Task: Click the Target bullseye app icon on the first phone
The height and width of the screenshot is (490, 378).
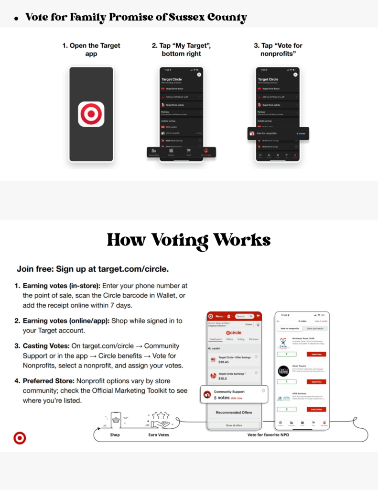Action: (x=91, y=114)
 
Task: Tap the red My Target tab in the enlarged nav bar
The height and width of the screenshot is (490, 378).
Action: (x=205, y=152)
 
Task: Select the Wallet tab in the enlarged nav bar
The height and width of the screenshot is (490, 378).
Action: (x=171, y=152)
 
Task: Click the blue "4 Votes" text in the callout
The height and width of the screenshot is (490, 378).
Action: (x=301, y=134)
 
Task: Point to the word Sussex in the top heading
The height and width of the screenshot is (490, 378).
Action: (x=186, y=18)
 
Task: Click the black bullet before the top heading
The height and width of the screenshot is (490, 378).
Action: (x=16, y=19)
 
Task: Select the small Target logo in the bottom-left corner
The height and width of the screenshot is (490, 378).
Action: (x=20, y=437)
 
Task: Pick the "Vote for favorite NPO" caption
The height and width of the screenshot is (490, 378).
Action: (x=268, y=435)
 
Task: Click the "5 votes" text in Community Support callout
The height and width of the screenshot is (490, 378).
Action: (x=221, y=398)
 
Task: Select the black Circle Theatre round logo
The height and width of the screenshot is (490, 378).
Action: (x=283, y=371)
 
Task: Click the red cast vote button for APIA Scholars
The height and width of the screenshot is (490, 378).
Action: (x=316, y=409)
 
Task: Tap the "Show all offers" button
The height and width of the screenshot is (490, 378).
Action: (x=234, y=425)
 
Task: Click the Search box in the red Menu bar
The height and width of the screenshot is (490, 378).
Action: (x=243, y=316)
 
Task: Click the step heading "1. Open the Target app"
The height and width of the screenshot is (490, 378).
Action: (x=91, y=50)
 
